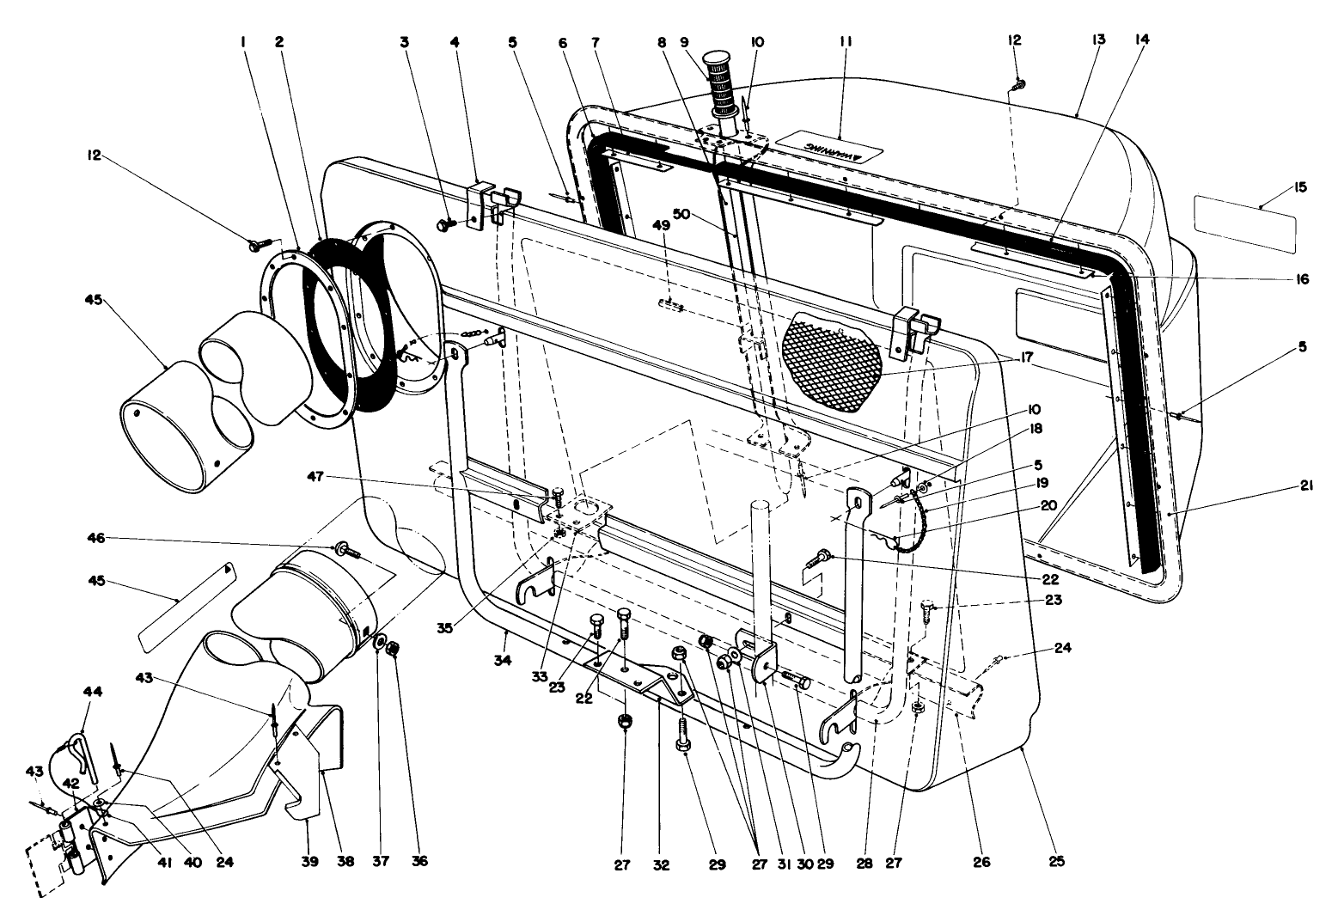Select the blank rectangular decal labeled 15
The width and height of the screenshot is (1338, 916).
(x=1244, y=222)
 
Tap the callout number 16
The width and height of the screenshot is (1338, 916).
(x=1302, y=279)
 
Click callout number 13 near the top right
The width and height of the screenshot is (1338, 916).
(x=1098, y=40)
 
